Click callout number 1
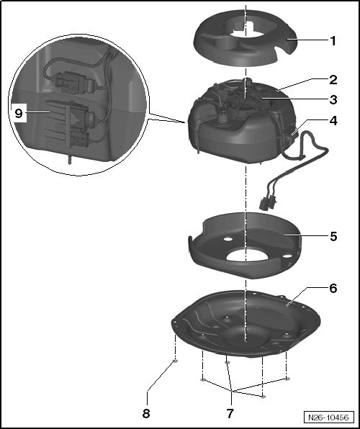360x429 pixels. (333, 41)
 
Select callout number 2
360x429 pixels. (333, 80)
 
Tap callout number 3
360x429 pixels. (333, 100)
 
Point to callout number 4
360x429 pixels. (333, 121)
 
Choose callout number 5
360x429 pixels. (333, 236)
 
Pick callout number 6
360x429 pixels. (333, 288)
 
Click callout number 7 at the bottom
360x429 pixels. (230, 413)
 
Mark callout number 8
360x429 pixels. (146, 413)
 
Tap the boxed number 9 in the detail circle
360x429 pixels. (19, 113)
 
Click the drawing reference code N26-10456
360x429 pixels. (328, 417)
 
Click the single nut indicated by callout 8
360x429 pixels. (176, 361)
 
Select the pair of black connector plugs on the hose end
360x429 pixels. (267, 204)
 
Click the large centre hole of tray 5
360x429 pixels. (246, 255)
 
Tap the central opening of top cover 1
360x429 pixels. (245, 30)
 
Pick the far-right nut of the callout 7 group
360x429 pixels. (287, 379)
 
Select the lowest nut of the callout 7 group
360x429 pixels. (263, 397)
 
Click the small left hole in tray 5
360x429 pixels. (228, 240)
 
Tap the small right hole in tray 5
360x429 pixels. (287, 256)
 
